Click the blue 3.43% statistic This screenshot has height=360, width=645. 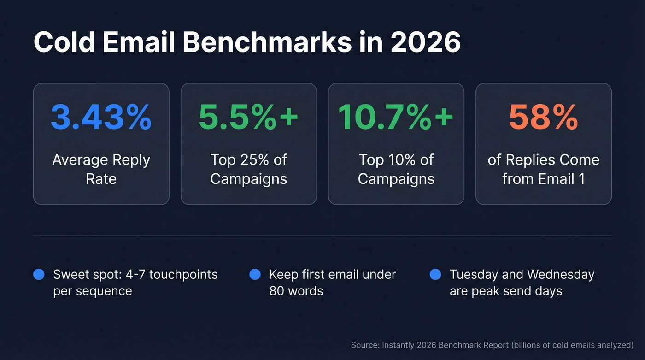click(x=101, y=117)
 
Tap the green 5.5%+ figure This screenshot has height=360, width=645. click(x=248, y=117)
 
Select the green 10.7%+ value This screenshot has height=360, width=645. click(x=396, y=117)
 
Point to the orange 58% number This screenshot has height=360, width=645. click(x=543, y=117)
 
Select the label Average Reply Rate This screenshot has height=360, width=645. click(x=101, y=169)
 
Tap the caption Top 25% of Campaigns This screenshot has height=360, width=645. click(x=248, y=169)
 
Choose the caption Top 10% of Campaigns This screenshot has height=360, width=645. click(x=396, y=169)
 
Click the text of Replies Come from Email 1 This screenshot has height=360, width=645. click(x=543, y=169)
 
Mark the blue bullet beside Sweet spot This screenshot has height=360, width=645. click(x=39, y=275)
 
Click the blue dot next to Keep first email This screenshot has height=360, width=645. click(x=255, y=275)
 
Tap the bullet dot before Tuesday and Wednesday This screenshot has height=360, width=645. click(x=435, y=275)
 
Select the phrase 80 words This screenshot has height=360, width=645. click(x=296, y=291)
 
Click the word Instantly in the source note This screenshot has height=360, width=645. click(x=397, y=345)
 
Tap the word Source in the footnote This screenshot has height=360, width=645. click(x=363, y=345)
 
